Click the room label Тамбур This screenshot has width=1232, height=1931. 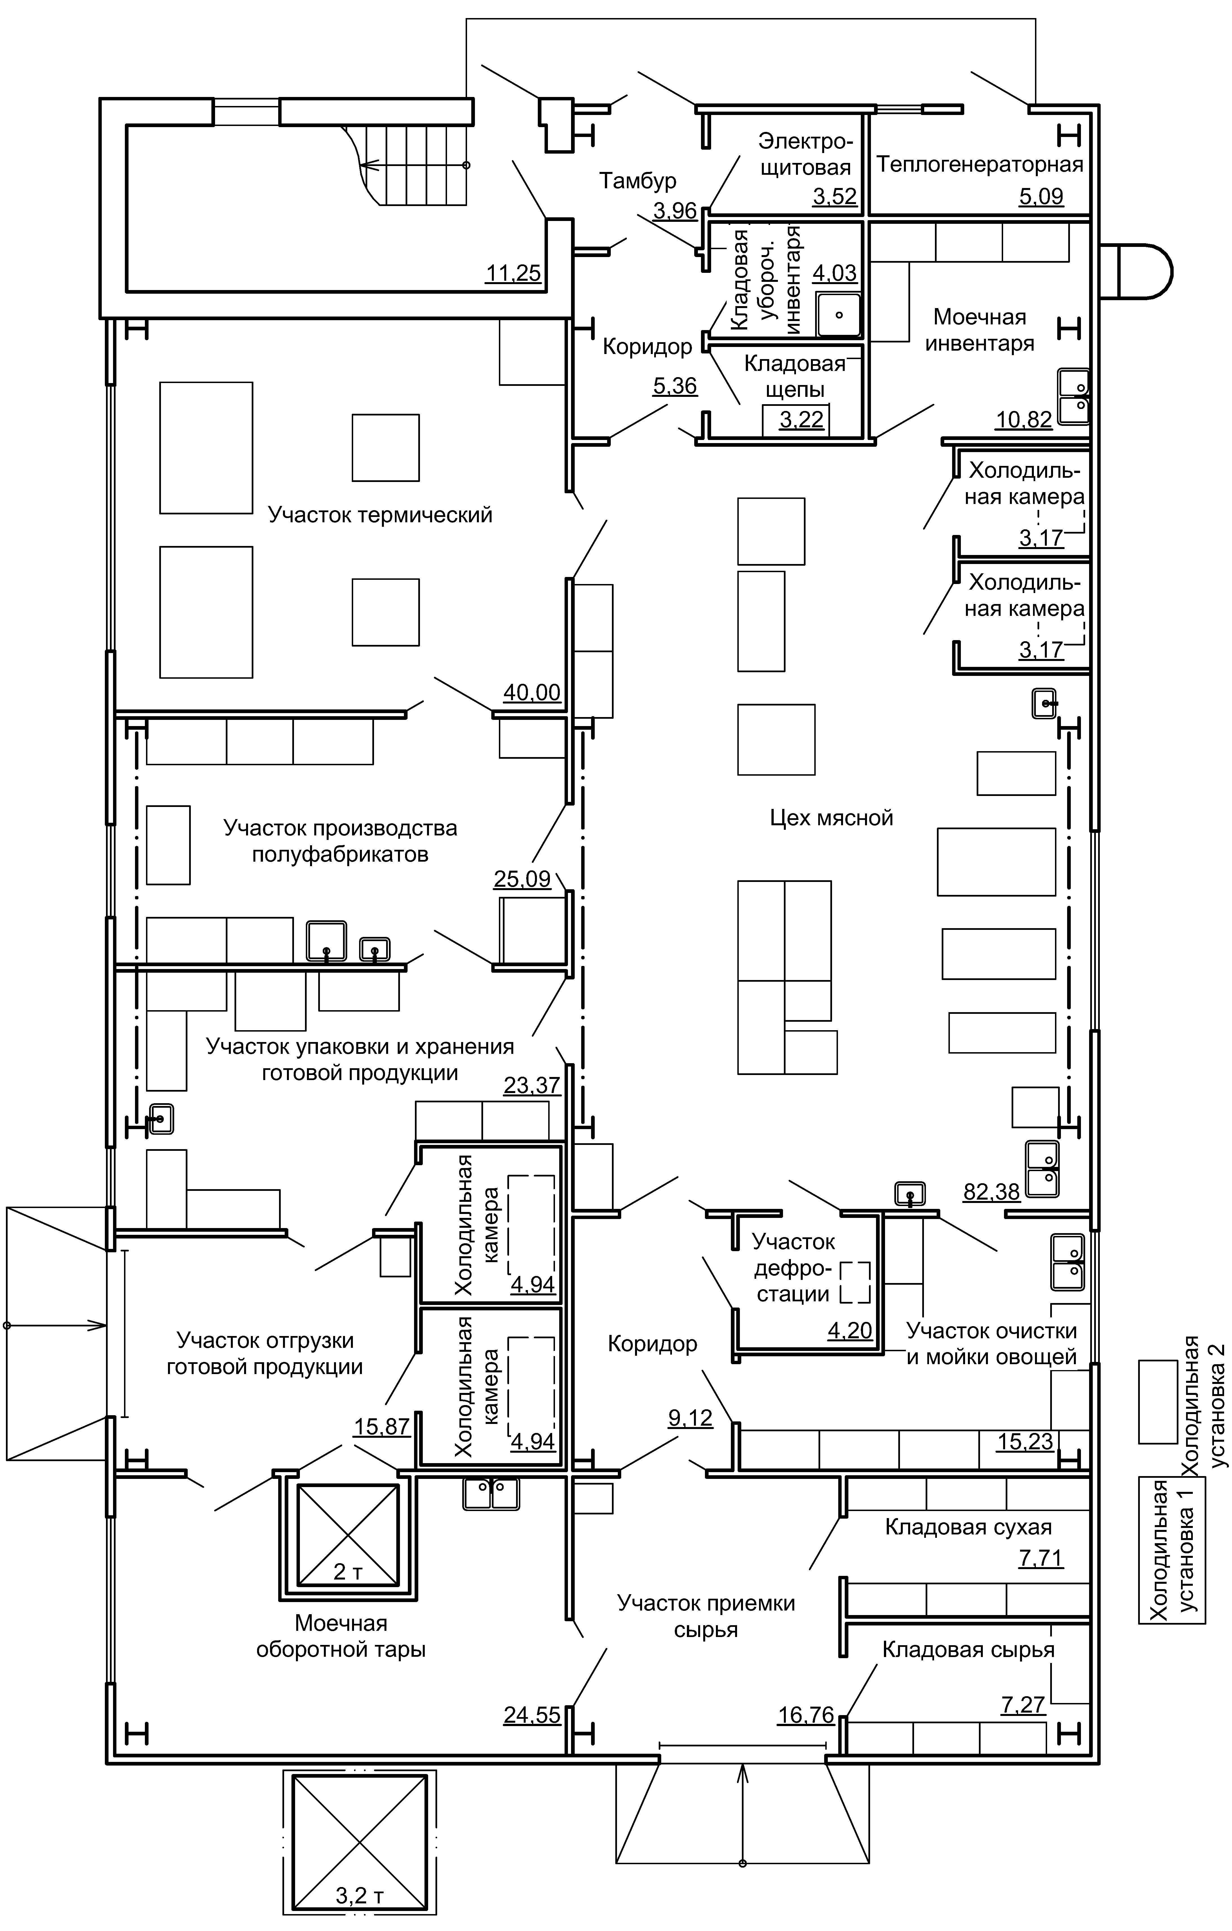[638, 181]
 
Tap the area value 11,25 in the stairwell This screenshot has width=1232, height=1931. [513, 273]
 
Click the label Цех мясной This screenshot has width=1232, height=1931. [831, 818]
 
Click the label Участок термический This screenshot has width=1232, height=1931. [380, 515]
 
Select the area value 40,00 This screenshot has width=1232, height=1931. [532, 693]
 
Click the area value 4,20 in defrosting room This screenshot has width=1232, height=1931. [850, 1330]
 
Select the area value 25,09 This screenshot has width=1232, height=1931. [522, 879]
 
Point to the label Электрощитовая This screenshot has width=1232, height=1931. [804, 155]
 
